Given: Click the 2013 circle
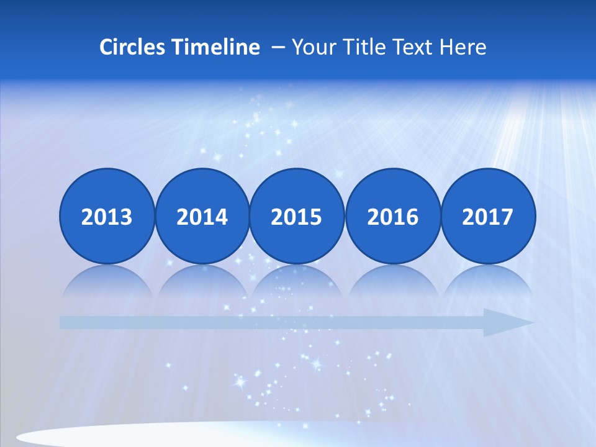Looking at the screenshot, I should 107,216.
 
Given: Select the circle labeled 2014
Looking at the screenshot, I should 202,216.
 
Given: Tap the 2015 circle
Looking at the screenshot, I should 297,216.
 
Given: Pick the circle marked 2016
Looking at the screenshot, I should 393,216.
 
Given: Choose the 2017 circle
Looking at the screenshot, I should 488,216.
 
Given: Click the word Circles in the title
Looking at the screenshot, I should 132,47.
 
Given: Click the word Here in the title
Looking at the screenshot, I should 463,47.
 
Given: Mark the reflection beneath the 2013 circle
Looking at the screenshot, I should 107,281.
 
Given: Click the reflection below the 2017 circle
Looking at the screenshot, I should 488,281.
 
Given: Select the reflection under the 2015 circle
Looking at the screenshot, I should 297,281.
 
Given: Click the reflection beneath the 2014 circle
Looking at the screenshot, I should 202,281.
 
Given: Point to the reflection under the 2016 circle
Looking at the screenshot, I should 393,281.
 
